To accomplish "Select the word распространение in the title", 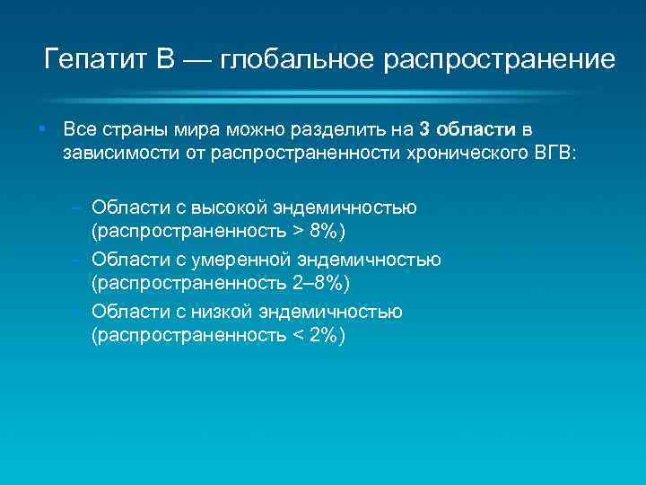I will pyautogui.click(x=500, y=60).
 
